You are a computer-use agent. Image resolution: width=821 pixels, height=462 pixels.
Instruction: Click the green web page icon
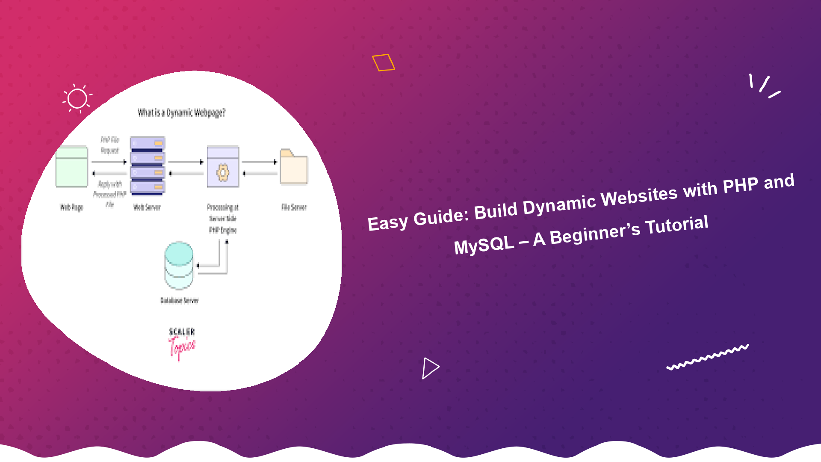click(71, 167)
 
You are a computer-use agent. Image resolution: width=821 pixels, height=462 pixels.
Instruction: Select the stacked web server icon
click(148, 166)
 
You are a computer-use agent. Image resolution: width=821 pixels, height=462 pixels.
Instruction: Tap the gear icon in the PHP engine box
click(223, 173)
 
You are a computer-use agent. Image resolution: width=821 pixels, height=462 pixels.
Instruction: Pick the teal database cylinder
click(179, 265)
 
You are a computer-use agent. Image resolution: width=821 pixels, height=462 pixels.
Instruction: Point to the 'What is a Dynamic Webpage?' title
click(181, 113)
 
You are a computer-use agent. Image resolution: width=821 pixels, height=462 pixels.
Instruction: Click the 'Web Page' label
click(71, 207)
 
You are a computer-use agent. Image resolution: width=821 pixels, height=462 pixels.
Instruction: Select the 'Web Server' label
click(147, 207)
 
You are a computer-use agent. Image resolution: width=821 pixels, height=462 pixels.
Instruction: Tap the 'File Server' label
click(294, 207)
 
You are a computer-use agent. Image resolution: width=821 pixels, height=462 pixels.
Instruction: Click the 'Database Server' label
click(179, 300)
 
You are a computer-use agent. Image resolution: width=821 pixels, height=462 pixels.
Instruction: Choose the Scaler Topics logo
click(182, 342)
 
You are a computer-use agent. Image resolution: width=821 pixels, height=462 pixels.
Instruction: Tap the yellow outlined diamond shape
click(383, 62)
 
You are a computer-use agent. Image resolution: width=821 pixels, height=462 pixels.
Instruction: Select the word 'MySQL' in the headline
click(484, 246)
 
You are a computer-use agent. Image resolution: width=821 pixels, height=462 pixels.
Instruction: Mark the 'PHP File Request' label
click(110, 145)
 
